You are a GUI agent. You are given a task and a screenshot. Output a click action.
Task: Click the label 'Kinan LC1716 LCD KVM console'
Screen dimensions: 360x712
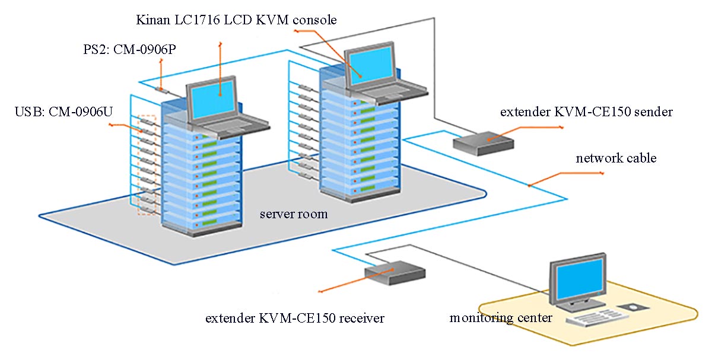click(236, 20)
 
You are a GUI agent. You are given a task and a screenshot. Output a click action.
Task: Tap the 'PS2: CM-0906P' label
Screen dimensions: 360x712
click(129, 50)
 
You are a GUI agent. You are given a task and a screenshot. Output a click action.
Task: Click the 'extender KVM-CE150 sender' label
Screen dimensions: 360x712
click(586, 112)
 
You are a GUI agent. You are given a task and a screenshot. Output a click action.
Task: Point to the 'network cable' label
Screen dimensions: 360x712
click(616, 158)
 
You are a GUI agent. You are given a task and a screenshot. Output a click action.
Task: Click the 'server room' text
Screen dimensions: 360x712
click(293, 214)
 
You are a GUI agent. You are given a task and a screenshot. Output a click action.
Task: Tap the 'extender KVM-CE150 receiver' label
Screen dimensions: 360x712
click(295, 318)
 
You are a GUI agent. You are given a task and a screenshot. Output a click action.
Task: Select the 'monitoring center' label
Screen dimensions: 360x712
click(501, 317)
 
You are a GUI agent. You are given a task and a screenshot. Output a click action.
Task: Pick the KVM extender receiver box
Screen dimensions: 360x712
click(395, 272)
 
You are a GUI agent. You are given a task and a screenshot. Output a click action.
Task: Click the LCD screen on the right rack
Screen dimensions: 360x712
click(370, 63)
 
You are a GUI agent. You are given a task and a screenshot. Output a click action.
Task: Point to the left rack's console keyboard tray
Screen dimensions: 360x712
click(214, 126)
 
